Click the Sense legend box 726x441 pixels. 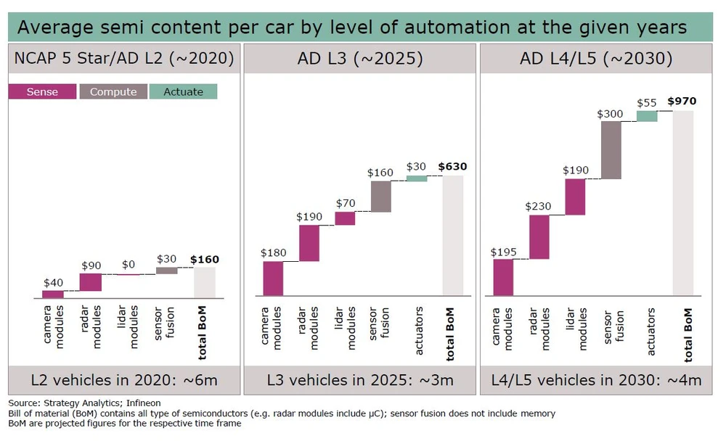[x=42, y=91]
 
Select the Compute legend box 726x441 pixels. [x=113, y=91]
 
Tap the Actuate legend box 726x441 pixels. [x=183, y=91]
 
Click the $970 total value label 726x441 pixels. [x=682, y=101]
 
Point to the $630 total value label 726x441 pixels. [x=452, y=166]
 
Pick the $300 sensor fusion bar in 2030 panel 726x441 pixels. [x=611, y=149]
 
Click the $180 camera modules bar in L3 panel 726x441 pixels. [x=273, y=278]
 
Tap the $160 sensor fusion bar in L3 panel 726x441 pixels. [x=380, y=196]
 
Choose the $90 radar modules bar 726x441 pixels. [x=91, y=282]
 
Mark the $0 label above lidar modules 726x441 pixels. [x=129, y=265]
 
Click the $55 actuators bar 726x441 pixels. [x=647, y=116]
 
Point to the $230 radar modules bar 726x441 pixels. [x=539, y=237]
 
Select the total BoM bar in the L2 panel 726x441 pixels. [x=204, y=281]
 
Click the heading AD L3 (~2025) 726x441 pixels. [x=359, y=59]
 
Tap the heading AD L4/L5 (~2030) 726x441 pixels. [x=596, y=59]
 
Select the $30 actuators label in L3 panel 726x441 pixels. [x=416, y=167]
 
